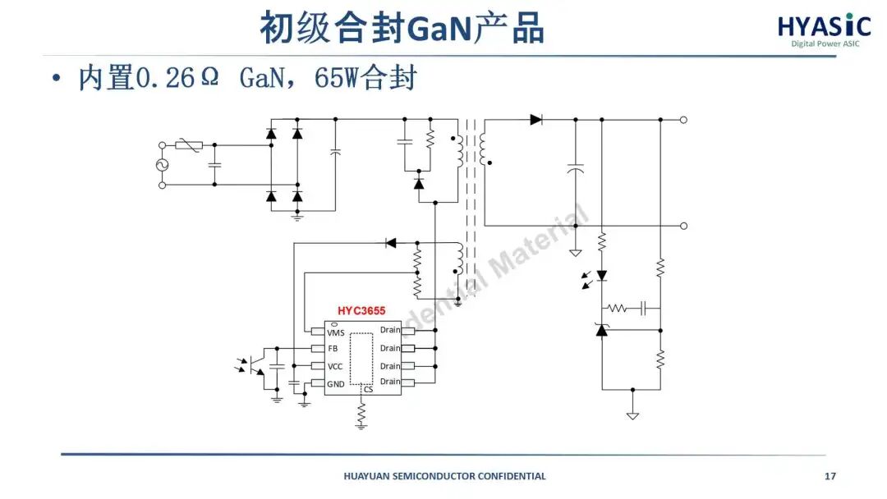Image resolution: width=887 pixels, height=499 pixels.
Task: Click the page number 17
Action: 830,476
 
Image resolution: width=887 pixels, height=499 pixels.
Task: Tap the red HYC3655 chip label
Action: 361,311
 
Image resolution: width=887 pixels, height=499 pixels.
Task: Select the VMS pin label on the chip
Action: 336,332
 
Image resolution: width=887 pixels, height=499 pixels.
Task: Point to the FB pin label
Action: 333,349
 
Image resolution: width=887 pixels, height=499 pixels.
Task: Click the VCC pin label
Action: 335,366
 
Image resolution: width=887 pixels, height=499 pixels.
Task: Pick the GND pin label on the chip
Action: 336,383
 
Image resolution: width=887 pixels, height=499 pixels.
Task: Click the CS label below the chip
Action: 368,389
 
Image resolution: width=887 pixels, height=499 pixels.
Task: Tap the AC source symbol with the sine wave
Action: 162,165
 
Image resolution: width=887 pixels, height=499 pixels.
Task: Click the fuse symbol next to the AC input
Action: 189,145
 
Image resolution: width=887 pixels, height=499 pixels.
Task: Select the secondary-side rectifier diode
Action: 536,119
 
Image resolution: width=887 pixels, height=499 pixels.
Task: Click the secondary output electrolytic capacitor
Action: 576,170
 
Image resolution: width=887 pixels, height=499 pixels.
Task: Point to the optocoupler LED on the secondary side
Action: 601,276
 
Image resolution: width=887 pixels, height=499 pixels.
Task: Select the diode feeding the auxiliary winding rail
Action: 391,242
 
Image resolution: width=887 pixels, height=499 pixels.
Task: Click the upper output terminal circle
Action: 683,119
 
